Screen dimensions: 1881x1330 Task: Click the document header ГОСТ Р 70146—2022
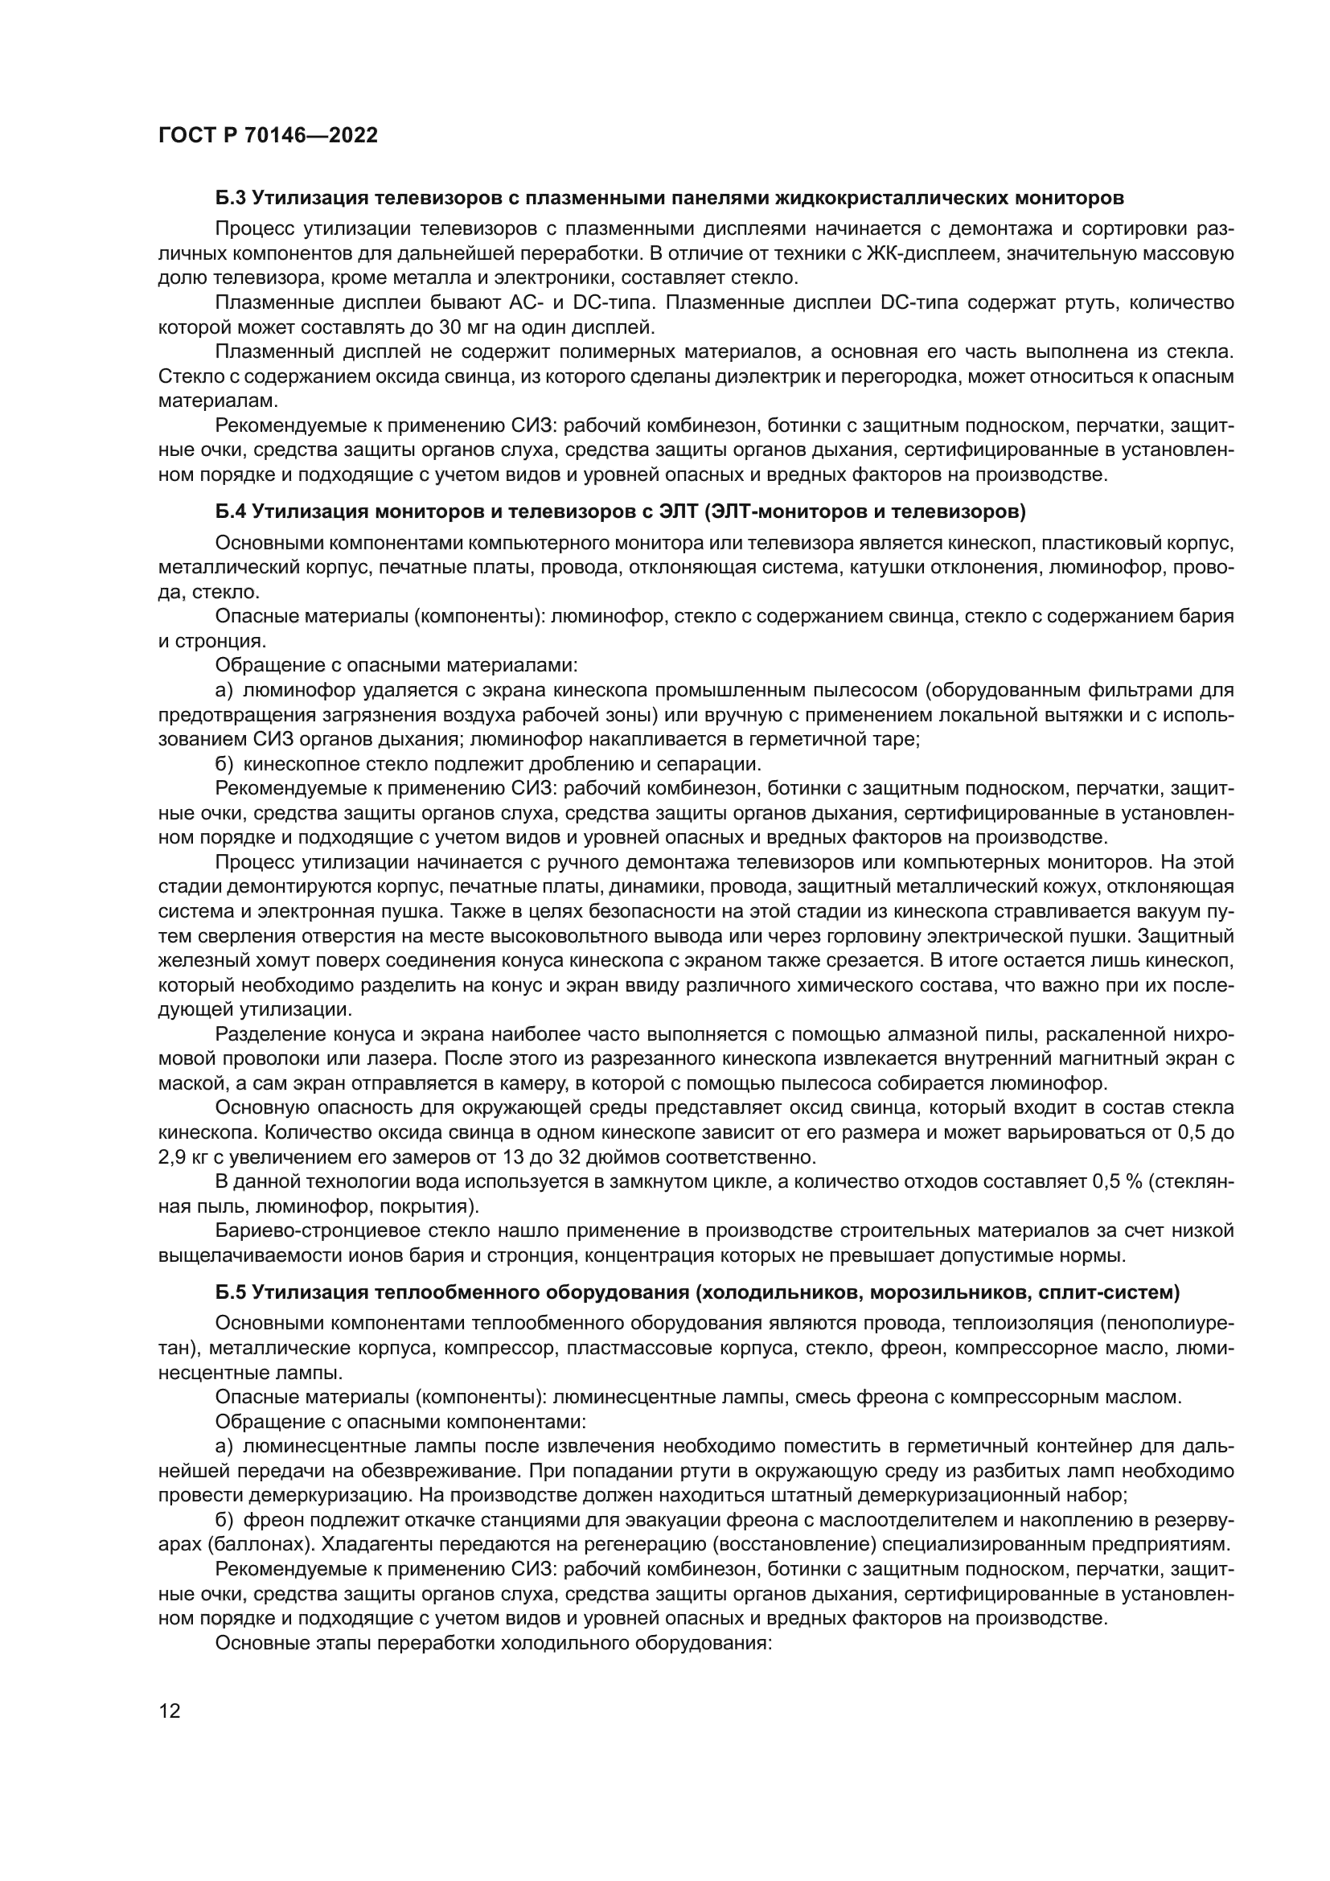268,136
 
